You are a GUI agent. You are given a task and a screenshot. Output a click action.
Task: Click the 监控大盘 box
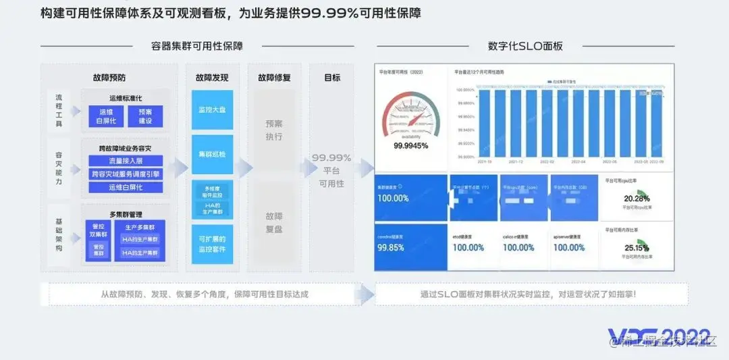tap(212, 109)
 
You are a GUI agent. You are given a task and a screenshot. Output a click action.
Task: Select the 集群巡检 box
tap(212, 154)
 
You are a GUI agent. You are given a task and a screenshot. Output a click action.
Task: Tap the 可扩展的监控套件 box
tap(212, 244)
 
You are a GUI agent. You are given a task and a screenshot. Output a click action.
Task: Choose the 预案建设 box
tap(145, 116)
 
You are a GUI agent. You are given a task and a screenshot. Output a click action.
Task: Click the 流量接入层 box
tap(126, 161)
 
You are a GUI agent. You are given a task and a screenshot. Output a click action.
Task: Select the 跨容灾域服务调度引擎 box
tap(126, 174)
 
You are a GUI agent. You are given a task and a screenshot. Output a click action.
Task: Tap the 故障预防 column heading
tap(109, 78)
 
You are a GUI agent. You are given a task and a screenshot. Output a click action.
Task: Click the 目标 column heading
tap(332, 78)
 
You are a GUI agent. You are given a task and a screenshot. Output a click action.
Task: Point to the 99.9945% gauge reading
tap(411, 145)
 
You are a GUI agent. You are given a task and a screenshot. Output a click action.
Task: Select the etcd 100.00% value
tap(468, 248)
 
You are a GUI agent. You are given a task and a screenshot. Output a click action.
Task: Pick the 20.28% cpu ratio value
tap(637, 199)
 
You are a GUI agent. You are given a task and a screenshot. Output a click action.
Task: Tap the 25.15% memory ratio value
tap(637, 248)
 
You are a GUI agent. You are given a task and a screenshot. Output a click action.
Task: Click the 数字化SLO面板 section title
tap(525, 46)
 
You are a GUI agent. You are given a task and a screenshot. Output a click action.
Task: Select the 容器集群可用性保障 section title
tap(197, 46)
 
